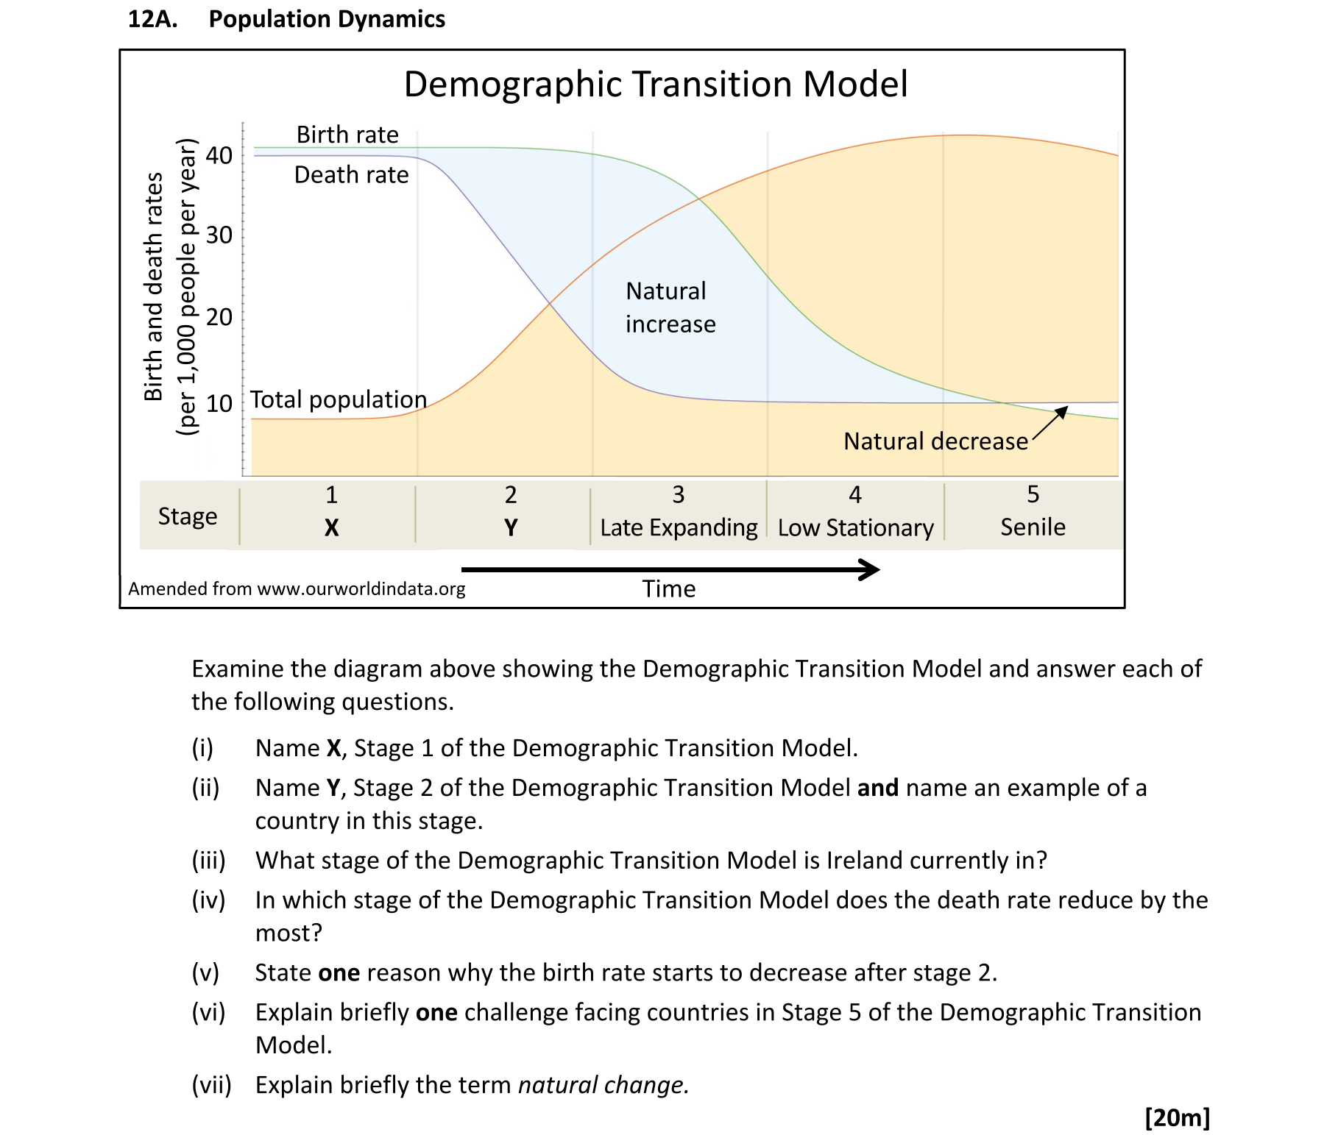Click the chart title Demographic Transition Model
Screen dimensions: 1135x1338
coord(656,84)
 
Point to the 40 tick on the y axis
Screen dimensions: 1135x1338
coord(219,155)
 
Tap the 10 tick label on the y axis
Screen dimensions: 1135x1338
coord(219,403)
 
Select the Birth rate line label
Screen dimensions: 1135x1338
coord(347,135)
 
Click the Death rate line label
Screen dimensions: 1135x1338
coord(351,175)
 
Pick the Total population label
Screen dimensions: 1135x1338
coord(339,399)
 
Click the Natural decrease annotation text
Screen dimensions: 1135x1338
coord(935,441)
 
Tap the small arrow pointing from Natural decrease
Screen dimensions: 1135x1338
coord(1050,424)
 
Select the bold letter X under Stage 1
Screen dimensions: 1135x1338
coord(332,527)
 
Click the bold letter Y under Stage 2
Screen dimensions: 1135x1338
coord(511,527)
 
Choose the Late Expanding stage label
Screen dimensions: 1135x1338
coord(679,527)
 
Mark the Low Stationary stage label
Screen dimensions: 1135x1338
coord(855,527)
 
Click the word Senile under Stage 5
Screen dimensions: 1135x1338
coord(1033,527)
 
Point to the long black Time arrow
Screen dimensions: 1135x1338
coord(670,569)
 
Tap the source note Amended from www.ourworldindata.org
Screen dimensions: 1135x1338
coord(297,588)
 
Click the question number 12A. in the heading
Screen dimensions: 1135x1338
coord(153,19)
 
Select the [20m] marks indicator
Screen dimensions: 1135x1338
coord(1177,1117)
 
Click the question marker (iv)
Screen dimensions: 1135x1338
coord(208,900)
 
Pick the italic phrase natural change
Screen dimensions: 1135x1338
coord(603,1085)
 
